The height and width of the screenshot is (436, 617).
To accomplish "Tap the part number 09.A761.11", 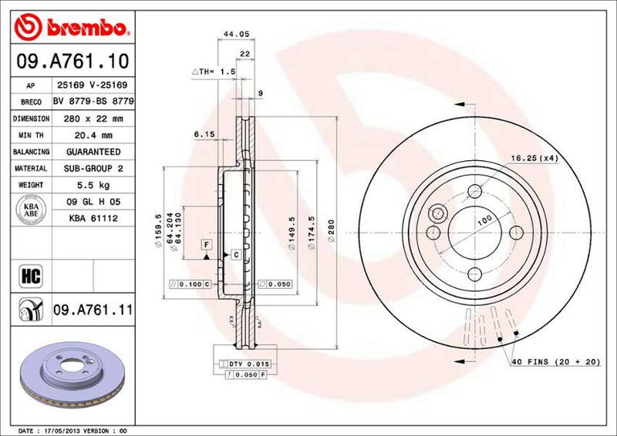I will point(93,311).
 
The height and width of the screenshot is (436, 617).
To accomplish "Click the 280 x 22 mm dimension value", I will point(93,119).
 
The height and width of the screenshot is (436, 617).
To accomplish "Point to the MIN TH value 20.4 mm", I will point(93,136).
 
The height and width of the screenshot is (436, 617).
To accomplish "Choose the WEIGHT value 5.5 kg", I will point(93,185).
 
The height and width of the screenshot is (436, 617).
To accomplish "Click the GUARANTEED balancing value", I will point(93,152).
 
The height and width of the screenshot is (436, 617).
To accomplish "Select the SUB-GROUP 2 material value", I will point(93,168).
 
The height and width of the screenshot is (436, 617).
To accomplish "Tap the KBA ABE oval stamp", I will point(30,210).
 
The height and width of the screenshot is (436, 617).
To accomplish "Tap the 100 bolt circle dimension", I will point(484,221).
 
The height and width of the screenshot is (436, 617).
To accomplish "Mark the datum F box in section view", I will point(207,245).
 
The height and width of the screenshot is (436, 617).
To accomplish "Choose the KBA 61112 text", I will point(93,218).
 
